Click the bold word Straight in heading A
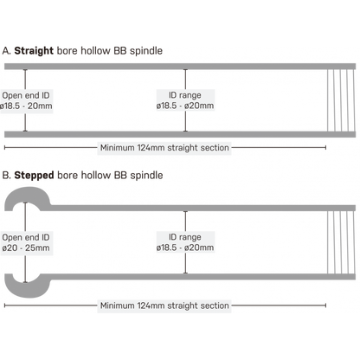tap(34, 51)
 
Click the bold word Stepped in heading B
tap(34, 176)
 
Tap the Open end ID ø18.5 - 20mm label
tap(26, 100)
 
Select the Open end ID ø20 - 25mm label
tap(26, 242)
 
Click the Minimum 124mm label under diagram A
tap(164, 148)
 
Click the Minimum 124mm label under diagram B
tap(164, 305)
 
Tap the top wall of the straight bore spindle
tap(180, 67)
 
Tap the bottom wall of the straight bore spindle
tap(180, 134)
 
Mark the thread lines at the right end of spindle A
tap(341, 100)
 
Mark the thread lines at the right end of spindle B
tap(341, 242)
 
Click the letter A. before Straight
tap(7, 51)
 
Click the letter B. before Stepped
tap(7, 176)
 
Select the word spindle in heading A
tap(146, 51)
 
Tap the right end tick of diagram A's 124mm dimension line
tap(325, 147)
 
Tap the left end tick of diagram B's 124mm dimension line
tap(4, 305)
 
